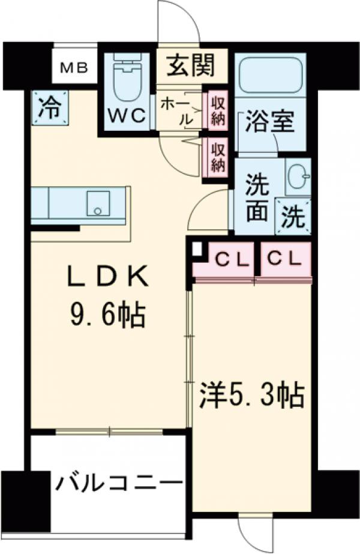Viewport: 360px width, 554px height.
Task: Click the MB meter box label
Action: coord(74,68)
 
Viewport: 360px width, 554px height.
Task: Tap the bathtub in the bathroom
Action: coord(269,75)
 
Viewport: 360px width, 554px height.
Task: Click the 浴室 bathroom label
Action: coord(269,122)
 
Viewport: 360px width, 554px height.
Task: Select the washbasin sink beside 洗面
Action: coord(298,176)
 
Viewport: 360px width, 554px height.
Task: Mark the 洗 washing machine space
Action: coord(294,216)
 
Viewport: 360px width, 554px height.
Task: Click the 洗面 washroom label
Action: coord(256,199)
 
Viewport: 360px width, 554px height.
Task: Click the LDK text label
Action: coord(106,277)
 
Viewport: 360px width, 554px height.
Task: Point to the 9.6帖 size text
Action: coord(106,313)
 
